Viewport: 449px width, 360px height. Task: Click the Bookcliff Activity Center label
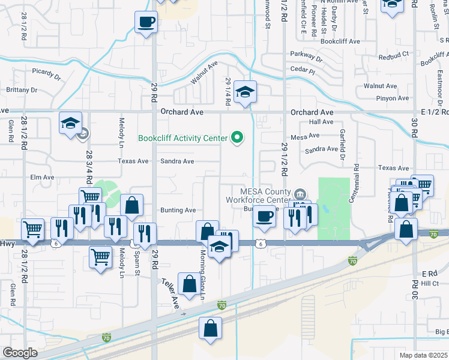pyautogui.click(x=182, y=138)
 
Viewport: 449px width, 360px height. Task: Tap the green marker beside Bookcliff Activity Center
pyautogui.click(x=237, y=138)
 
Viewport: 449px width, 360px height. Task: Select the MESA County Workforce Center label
pyautogui.click(x=258, y=195)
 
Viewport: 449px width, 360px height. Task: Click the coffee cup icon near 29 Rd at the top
pyautogui.click(x=146, y=23)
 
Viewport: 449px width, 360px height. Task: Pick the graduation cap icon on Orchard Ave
pyautogui.click(x=245, y=92)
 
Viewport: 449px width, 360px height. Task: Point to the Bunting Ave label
pyautogui.click(x=178, y=211)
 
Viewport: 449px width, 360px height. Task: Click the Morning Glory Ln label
pyautogui.click(x=202, y=275)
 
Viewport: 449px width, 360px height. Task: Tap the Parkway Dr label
pyautogui.click(x=306, y=57)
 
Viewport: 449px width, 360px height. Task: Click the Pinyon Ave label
pyautogui.click(x=376, y=98)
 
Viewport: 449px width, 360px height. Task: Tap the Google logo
pyautogui.click(x=20, y=353)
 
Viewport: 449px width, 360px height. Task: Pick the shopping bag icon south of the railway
pyautogui.click(x=210, y=329)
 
